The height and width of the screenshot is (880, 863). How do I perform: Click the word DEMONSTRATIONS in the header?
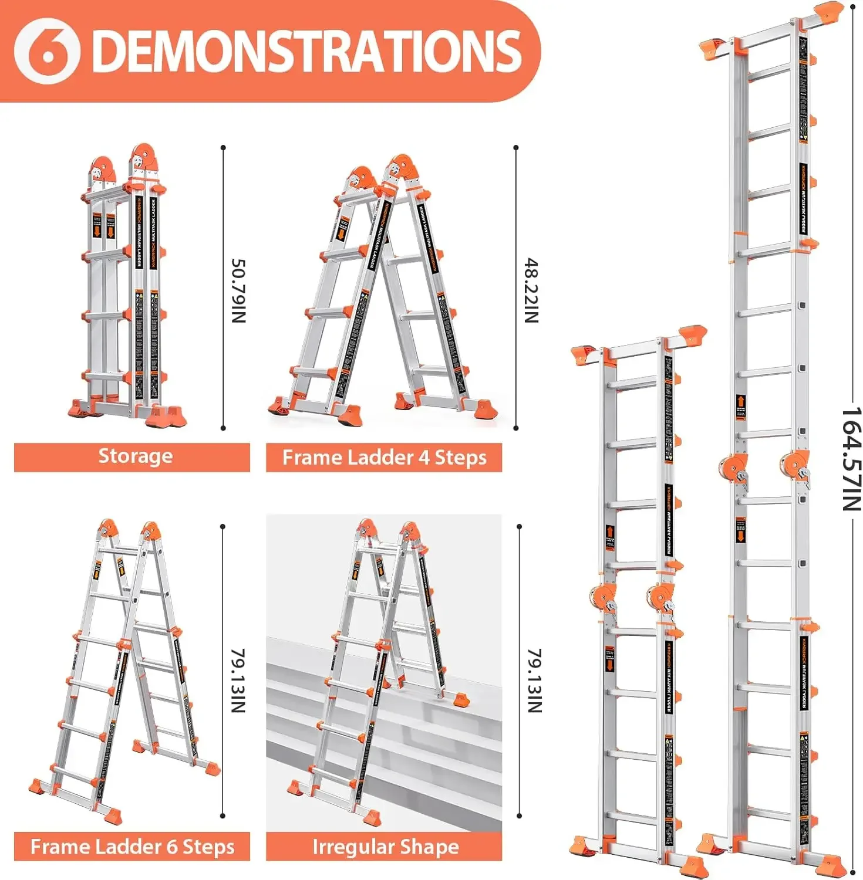click(306, 51)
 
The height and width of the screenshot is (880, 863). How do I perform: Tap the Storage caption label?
click(135, 456)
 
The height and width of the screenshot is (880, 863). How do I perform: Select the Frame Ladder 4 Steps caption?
click(384, 458)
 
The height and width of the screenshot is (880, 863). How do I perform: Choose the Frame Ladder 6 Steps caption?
click(132, 847)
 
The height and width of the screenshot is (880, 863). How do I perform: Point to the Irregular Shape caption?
click(385, 847)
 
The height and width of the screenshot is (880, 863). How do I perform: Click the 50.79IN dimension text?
click(238, 290)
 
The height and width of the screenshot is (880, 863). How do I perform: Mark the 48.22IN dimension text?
click(531, 290)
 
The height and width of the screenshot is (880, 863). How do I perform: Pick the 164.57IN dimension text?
click(851, 459)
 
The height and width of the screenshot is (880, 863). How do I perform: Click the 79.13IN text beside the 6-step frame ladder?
click(238, 681)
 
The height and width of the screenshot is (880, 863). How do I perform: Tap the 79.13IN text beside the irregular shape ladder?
click(534, 681)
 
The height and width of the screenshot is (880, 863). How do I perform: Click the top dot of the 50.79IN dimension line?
click(223, 148)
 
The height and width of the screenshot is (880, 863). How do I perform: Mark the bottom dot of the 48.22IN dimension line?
click(516, 428)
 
